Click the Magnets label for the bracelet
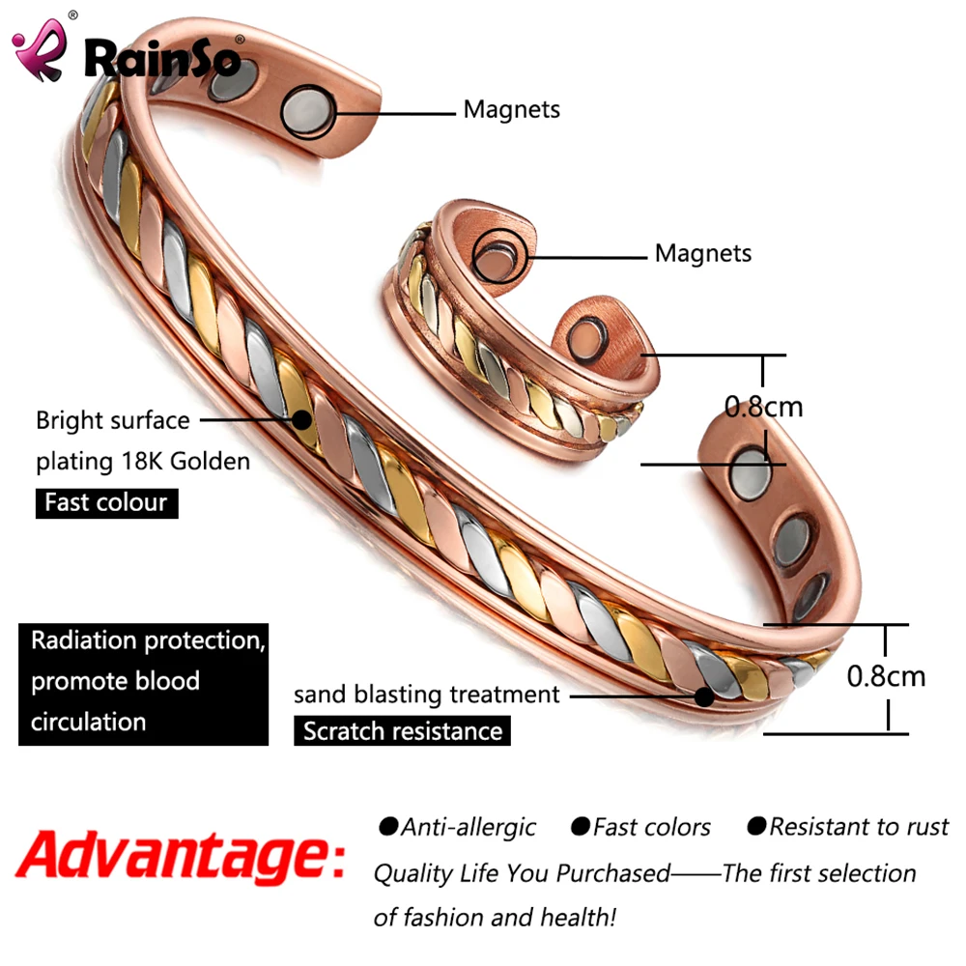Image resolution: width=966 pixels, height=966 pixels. coord(511,109)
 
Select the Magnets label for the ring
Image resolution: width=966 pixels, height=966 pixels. coord(702,253)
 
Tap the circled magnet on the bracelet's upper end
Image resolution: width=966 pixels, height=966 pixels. coord(308,112)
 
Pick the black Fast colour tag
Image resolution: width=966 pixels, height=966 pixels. coord(106,503)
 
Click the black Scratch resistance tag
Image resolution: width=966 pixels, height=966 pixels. coord(402,730)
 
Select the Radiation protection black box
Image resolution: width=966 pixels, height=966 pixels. coord(143,682)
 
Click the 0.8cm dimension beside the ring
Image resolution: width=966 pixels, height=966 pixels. coord(763,406)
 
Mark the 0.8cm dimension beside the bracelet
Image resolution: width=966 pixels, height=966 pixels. coord(885,675)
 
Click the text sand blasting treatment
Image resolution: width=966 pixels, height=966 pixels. coord(426,694)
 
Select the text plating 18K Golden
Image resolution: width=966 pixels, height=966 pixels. coord(143,461)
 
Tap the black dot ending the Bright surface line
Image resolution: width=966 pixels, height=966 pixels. coord(302,420)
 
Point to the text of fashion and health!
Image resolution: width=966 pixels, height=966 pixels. coord(494,917)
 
